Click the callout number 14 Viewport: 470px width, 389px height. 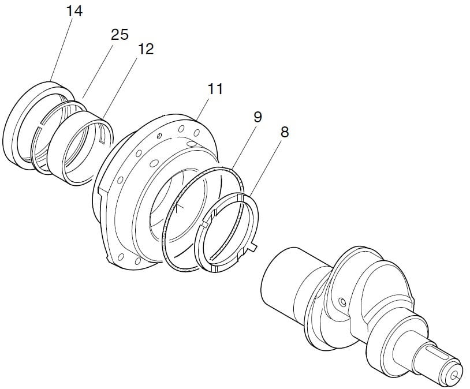[74, 11]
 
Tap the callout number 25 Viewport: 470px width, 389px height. [120, 35]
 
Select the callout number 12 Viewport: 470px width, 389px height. [146, 49]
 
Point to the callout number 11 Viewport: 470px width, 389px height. [215, 89]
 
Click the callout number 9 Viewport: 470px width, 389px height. [258, 117]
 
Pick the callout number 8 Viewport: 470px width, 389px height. [285, 132]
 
